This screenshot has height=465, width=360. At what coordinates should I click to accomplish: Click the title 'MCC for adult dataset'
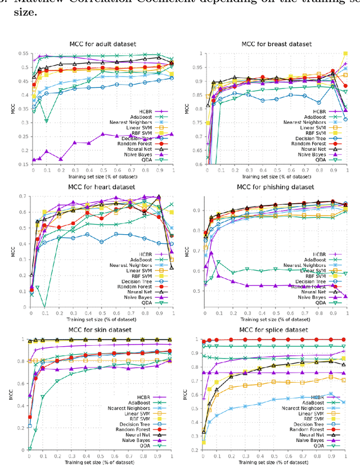(x=103, y=45)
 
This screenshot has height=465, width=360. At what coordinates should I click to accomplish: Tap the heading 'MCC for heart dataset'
(x=103, y=187)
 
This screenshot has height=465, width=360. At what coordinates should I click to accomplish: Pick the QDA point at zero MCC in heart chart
(x=46, y=307)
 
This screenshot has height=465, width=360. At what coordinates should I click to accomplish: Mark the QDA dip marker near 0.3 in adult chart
(x=46, y=120)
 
